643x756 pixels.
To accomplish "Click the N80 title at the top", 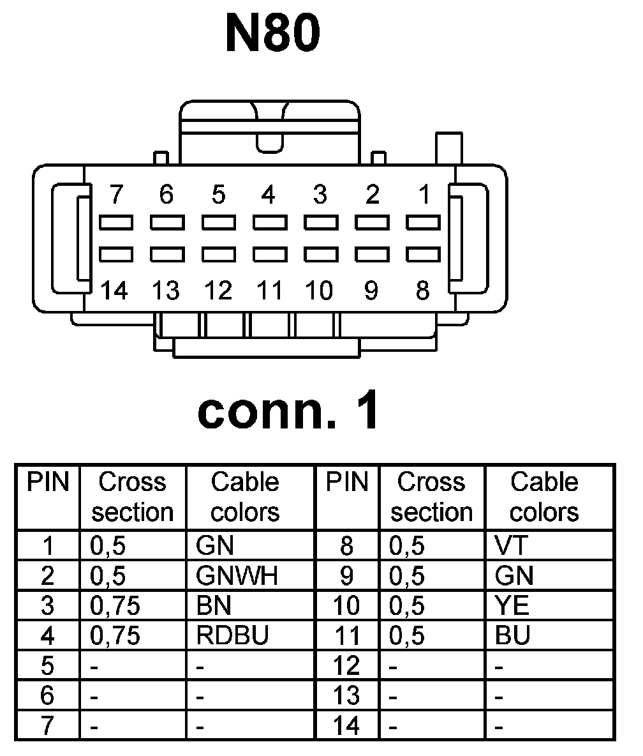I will coord(272,36).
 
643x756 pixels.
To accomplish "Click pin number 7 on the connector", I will coord(115,193).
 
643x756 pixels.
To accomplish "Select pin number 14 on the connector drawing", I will coord(115,291).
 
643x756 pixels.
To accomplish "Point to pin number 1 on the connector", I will coord(424,193).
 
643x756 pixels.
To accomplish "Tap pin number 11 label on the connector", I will coord(269,291).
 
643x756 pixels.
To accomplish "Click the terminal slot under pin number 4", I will coord(269,222).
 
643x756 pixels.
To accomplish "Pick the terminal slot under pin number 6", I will coord(167,222).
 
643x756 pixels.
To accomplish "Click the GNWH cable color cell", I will coord(237,577).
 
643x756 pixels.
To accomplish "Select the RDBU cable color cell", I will coord(233,636).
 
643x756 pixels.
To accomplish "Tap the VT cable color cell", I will coord(512,546).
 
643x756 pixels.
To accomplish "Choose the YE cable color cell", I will coord(512,606).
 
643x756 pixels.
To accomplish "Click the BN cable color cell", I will coord(214,606).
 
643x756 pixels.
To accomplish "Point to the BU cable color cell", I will coord(512,636).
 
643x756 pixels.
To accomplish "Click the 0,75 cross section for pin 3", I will coord(115,606).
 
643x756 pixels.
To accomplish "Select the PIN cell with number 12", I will coord(347,667).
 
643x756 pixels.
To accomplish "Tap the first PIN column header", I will coord(48,483).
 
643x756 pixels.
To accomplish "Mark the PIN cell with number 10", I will coord(347,606).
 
